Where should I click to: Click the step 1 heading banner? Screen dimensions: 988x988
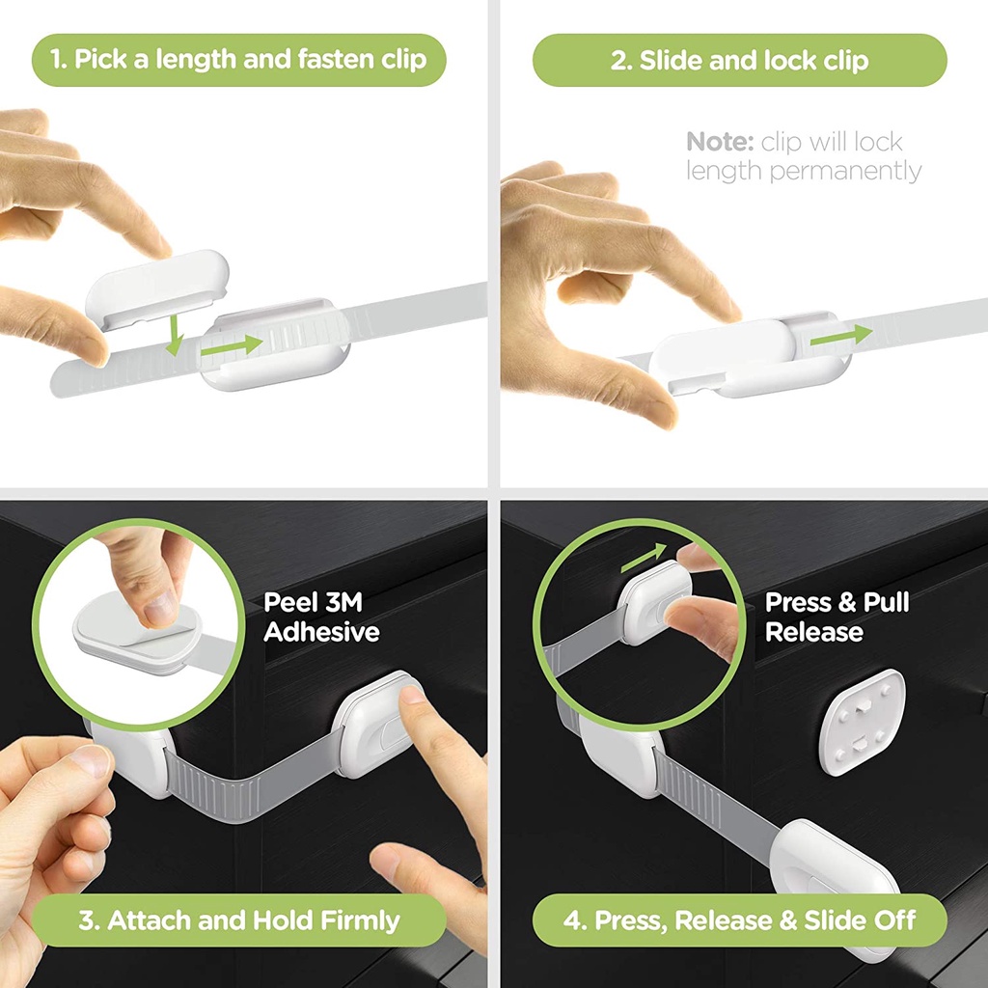tap(238, 60)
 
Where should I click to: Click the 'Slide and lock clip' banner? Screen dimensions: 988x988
tap(739, 60)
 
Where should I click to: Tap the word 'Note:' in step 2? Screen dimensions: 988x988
tap(719, 142)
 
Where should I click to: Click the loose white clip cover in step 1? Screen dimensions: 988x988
tap(158, 284)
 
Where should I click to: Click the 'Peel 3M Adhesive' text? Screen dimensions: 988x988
tap(321, 617)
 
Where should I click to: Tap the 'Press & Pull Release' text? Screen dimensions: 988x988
tap(837, 617)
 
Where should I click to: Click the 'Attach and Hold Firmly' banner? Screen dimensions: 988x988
tap(238, 919)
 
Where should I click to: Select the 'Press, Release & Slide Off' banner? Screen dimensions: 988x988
tap(739, 919)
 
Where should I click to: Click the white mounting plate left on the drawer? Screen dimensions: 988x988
tap(862, 723)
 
